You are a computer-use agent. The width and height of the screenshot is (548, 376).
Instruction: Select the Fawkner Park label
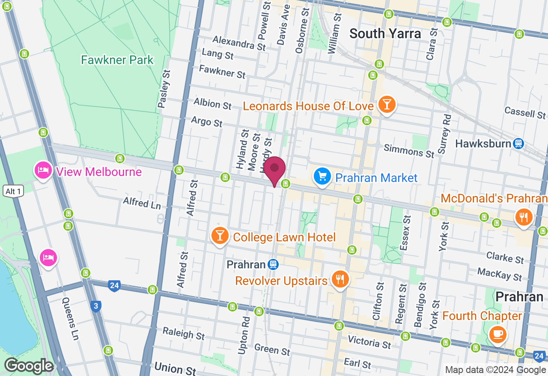117,60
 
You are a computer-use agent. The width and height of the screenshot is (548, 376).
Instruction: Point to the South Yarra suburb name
385,33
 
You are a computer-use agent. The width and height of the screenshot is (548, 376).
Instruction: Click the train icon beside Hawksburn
519,144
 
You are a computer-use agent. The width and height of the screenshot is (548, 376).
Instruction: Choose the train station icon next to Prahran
273,264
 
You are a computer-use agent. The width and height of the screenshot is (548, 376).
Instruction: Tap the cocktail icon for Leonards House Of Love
387,104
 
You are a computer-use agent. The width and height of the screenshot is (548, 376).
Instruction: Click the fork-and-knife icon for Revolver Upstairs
340,280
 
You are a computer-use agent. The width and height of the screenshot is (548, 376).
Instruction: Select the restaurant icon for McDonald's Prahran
523,217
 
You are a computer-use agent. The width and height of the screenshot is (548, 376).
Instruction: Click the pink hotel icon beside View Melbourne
43,171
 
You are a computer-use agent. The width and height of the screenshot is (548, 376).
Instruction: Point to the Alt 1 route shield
13,191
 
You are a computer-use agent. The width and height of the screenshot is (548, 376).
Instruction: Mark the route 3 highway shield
96,306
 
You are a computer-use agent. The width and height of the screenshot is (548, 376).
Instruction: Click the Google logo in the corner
28,366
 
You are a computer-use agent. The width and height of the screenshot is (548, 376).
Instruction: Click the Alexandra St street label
239,43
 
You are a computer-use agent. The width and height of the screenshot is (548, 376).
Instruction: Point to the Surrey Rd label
444,134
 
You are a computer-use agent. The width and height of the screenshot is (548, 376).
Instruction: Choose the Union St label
175,368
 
